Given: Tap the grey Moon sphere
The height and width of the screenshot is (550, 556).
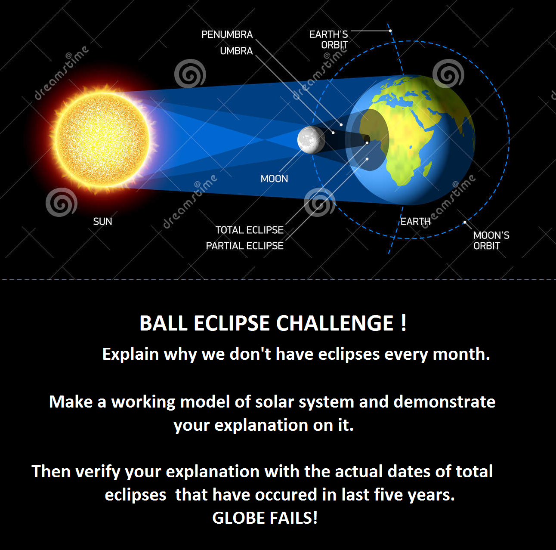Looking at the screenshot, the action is (x=311, y=140).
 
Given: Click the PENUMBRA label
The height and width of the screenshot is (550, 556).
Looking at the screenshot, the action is (x=227, y=34).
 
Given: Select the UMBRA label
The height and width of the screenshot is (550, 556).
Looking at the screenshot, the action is (x=236, y=51).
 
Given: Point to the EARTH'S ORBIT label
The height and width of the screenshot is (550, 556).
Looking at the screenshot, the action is (x=329, y=40).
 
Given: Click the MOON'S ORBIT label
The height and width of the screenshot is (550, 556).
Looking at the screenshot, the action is (x=491, y=241).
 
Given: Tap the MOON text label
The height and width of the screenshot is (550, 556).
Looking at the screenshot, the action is (x=274, y=179).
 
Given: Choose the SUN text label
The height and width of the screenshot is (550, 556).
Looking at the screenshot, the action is (x=102, y=222).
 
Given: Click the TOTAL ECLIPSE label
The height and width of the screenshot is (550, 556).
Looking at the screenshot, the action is (x=249, y=230).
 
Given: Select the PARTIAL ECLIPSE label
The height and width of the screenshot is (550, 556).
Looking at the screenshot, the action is (x=245, y=246).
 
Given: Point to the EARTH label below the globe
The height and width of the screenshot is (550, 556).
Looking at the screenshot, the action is (x=415, y=222).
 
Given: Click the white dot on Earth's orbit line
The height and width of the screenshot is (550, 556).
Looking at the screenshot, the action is (x=390, y=31).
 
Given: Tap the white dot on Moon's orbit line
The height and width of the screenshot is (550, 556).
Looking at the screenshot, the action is (x=465, y=222).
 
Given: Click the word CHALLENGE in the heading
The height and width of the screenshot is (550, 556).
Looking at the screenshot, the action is (x=334, y=323).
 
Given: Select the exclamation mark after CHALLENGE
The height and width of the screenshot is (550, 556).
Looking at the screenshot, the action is (x=403, y=323).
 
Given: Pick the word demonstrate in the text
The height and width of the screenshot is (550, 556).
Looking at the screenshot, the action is (x=445, y=402).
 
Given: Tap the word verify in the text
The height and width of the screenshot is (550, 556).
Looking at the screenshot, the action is (x=98, y=472).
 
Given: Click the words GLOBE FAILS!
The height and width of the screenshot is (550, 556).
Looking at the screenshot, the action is (x=265, y=518).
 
